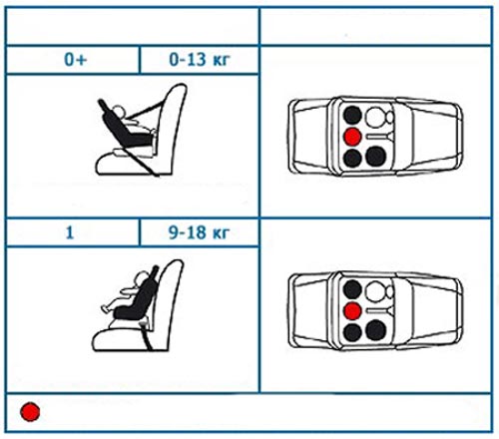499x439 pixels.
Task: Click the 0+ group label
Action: click(x=76, y=60)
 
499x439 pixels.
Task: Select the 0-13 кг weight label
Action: click(x=200, y=60)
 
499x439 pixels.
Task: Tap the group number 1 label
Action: click(x=70, y=232)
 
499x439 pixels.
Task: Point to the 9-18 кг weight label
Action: click(x=199, y=232)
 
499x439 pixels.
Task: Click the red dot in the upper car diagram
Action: click(x=352, y=137)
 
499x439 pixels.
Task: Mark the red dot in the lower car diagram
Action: click(x=352, y=311)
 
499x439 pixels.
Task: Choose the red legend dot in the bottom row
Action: click(x=30, y=412)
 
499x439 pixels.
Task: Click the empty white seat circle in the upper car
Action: click(x=375, y=117)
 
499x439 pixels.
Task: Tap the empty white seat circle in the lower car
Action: click(x=375, y=291)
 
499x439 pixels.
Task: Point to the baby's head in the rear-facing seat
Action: click(x=118, y=112)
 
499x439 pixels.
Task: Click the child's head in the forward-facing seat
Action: click(x=143, y=277)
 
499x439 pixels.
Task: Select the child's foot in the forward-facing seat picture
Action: click(x=105, y=308)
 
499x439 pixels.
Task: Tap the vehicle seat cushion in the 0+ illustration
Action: click(x=125, y=164)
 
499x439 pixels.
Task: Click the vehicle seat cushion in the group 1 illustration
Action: click(x=122, y=339)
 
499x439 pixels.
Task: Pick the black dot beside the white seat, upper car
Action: click(x=352, y=115)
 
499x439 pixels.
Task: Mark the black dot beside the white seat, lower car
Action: click(x=352, y=289)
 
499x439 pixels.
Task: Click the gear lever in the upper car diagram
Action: click(x=379, y=137)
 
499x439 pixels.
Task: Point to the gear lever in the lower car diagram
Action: click(x=379, y=310)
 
